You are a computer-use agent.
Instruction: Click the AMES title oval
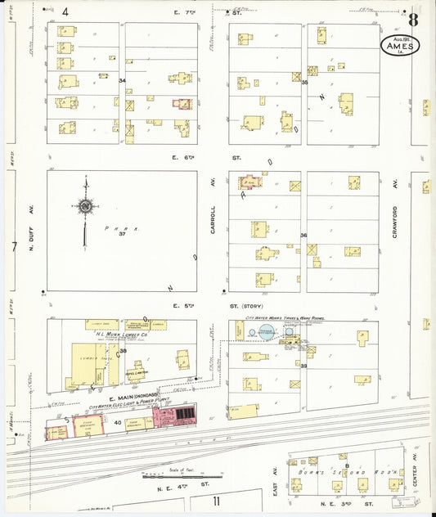[x=401, y=45]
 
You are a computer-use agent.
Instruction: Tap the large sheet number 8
[x=415, y=19]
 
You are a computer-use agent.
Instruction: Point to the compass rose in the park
[x=84, y=206]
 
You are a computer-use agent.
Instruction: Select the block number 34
[x=122, y=81]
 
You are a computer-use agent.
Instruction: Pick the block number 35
[x=303, y=82]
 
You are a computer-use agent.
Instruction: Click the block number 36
[x=303, y=236]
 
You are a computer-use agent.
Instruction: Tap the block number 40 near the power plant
[x=117, y=422]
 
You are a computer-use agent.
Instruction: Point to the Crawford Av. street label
[x=394, y=221]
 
